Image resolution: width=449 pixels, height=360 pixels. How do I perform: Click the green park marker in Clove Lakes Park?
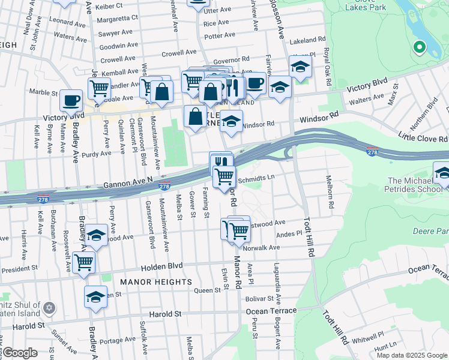click(x=419, y=46)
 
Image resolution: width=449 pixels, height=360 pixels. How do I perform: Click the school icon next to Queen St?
click(x=95, y=296)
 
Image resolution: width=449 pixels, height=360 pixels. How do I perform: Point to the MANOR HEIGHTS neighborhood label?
click(x=155, y=281)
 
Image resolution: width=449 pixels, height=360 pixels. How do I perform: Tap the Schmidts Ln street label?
click(x=256, y=178)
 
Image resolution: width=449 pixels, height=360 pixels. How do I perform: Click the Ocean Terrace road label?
click(x=271, y=311)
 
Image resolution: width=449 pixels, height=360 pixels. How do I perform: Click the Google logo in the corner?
click(x=20, y=352)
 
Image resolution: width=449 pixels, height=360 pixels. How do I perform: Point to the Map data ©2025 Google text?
click(x=412, y=355)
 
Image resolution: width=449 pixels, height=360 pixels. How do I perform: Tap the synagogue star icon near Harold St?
click(x=49, y=308)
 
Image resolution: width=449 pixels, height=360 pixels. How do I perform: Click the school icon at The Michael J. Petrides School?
click(x=442, y=173)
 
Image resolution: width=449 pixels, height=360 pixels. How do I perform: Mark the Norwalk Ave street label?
click(x=262, y=247)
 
